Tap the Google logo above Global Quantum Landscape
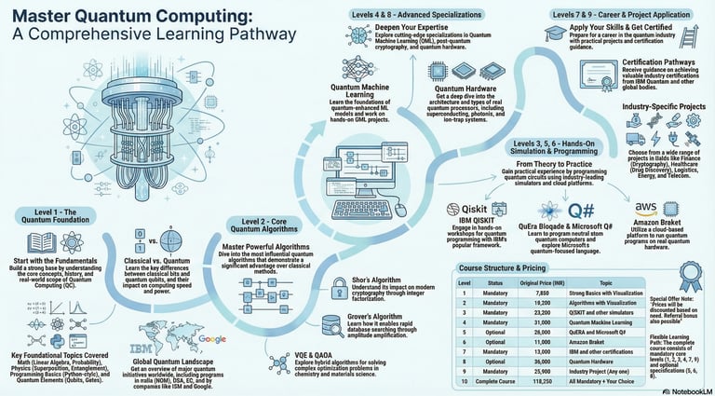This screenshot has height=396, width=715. coord(212,315)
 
